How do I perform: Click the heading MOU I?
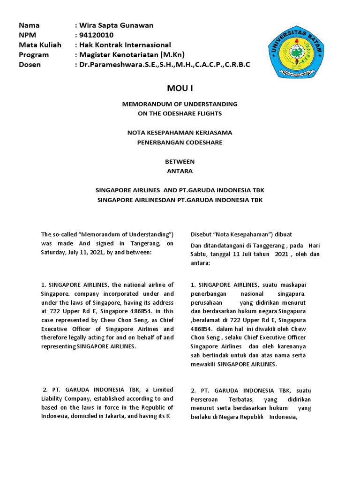pyautogui.click(x=180, y=88)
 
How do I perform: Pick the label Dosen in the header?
pyautogui.click(x=30, y=65)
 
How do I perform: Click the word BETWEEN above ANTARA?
pyautogui.click(x=180, y=161)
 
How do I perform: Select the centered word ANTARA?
pyautogui.click(x=180, y=171)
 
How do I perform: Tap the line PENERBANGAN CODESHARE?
pyautogui.click(x=180, y=142)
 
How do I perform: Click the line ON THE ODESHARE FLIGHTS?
pyautogui.click(x=180, y=113)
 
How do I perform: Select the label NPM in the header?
pyautogui.click(x=27, y=35)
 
